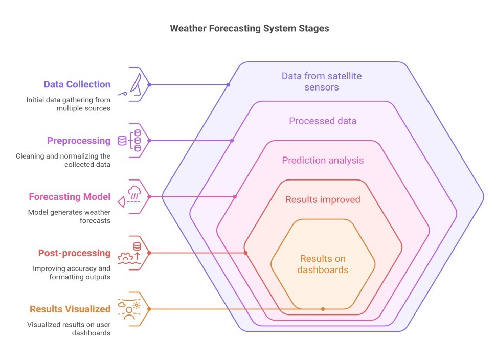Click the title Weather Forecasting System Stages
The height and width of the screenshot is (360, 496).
click(249, 29)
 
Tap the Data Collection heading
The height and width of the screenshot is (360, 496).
click(77, 84)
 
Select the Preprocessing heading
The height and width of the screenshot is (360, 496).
click(79, 141)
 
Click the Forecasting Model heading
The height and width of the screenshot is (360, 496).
click(70, 197)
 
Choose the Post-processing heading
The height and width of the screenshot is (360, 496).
click(74, 253)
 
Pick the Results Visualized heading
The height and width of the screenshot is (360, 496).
click(70, 309)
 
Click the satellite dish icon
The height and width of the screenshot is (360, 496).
click(137, 84)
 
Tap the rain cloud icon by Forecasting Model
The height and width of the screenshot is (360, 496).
click(134, 193)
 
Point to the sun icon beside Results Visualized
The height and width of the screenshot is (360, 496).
click(137, 305)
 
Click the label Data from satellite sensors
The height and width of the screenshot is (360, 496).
click(322, 82)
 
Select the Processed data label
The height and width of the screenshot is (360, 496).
click(323, 121)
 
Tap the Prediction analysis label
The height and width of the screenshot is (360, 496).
click(323, 160)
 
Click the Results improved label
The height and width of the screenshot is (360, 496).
click(323, 199)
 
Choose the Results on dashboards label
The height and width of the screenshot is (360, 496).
click(323, 264)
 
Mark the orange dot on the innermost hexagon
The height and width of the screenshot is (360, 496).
click(323, 309)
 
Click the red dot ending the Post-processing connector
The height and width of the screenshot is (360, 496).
click(246, 253)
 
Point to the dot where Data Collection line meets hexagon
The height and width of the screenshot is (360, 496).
click(228, 85)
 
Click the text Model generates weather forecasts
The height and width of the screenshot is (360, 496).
click(69, 216)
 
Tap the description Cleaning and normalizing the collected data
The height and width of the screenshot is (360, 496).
click(63, 160)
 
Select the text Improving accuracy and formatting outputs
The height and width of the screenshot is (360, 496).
click(72, 273)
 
